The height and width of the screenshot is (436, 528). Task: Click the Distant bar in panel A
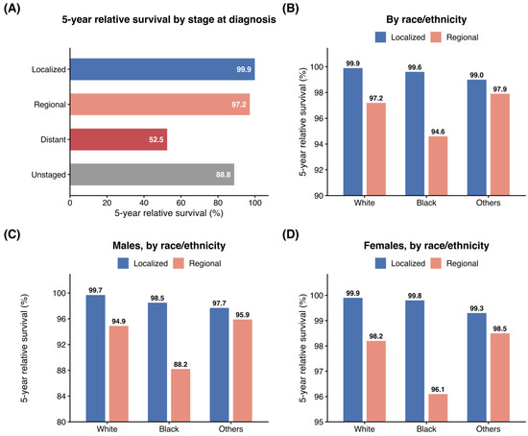pos(118,139)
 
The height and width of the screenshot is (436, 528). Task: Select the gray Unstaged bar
pos(153,175)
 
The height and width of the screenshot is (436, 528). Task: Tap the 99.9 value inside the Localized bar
pos(244,69)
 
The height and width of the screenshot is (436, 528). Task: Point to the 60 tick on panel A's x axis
pos(180,203)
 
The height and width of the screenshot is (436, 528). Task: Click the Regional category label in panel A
pos(50,105)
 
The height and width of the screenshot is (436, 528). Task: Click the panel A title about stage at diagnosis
pos(169,19)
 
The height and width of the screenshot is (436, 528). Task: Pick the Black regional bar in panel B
pos(438,166)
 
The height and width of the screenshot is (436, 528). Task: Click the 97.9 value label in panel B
pos(500,89)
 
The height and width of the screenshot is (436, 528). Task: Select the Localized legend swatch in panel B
pos(380,37)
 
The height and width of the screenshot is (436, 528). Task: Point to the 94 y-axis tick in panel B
pos(319,144)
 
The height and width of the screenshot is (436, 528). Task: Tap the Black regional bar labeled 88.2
pos(180,396)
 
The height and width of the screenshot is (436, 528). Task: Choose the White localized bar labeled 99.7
pos(95,358)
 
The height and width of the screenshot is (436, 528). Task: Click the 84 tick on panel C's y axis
pos(61,397)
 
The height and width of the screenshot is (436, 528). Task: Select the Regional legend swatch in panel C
pos(179,263)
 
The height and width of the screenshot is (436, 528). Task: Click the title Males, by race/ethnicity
pos(169,246)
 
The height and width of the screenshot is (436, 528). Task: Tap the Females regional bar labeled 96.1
pos(438,408)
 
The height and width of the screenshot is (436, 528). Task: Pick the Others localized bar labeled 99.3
pos(477,368)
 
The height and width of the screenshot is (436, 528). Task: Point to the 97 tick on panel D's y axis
pos(319,372)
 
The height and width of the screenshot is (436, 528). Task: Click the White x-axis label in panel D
pos(365,429)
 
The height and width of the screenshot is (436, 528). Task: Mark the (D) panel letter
pos(291,234)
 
